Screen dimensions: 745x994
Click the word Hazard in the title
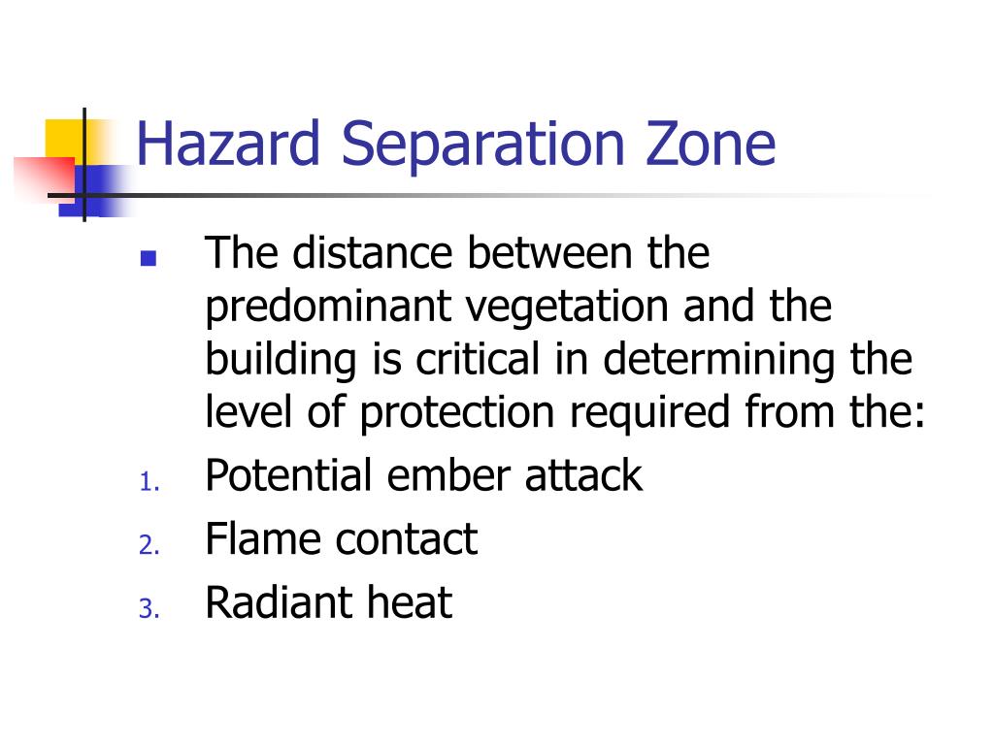pyautogui.click(x=229, y=143)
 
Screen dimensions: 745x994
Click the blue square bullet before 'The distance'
pyautogui.click(x=148, y=259)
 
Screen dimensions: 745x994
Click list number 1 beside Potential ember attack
pyautogui.click(x=148, y=483)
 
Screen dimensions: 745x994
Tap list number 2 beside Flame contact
pyautogui.click(x=148, y=546)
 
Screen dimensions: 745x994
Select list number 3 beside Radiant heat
pyautogui.click(x=148, y=609)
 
